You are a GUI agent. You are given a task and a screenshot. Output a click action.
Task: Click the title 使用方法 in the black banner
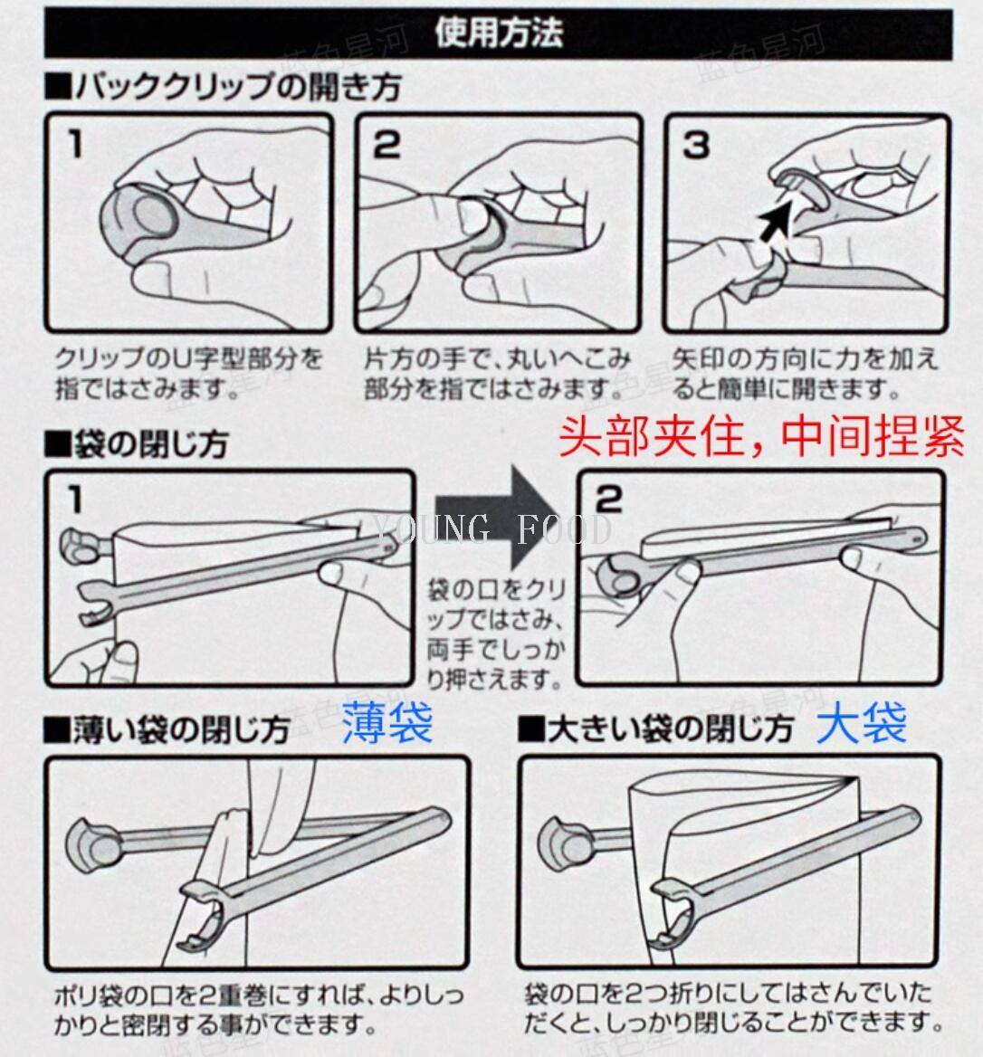pyautogui.click(x=498, y=33)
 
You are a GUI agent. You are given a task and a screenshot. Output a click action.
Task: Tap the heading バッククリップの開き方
pyautogui.click(x=224, y=87)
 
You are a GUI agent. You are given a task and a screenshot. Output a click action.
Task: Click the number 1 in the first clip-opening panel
pyautogui.click(x=75, y=144)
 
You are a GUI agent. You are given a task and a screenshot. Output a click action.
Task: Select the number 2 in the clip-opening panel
pyautogui.click(x=387, y=144)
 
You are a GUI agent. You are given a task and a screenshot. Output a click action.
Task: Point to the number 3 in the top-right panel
pyautogui.click(x=696, y=144)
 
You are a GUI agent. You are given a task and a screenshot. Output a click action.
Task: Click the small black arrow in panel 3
pyautogui.click(x=775, y=217)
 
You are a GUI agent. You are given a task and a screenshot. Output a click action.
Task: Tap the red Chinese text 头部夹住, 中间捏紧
pyautogui.click(x=762, y=436)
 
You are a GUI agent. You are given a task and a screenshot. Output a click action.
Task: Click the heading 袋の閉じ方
pyautogui.click(x=137, y=444)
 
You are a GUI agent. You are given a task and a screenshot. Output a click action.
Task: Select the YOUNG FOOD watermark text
pyautogui.click(x=491, y=529)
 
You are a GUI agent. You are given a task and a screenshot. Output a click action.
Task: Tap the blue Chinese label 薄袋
pyautogui.click(x=387, y=723)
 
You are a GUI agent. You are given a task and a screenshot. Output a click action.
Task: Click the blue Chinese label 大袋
pyautogui.click(x=861, y=723)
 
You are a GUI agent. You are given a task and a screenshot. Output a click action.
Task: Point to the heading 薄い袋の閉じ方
pyautogui.click(x=167, y=730)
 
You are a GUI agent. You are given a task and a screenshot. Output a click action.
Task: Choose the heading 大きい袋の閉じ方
pyautogui.click(x=655, y=729)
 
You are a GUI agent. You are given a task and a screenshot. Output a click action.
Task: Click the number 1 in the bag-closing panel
pyautogui.click(x=75, y=500)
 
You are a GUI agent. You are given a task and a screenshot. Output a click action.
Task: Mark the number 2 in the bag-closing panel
pyautogui.click(x=609, y=500)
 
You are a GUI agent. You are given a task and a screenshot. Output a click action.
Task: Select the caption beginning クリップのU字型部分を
pyautogui.click(x=189, y=374)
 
